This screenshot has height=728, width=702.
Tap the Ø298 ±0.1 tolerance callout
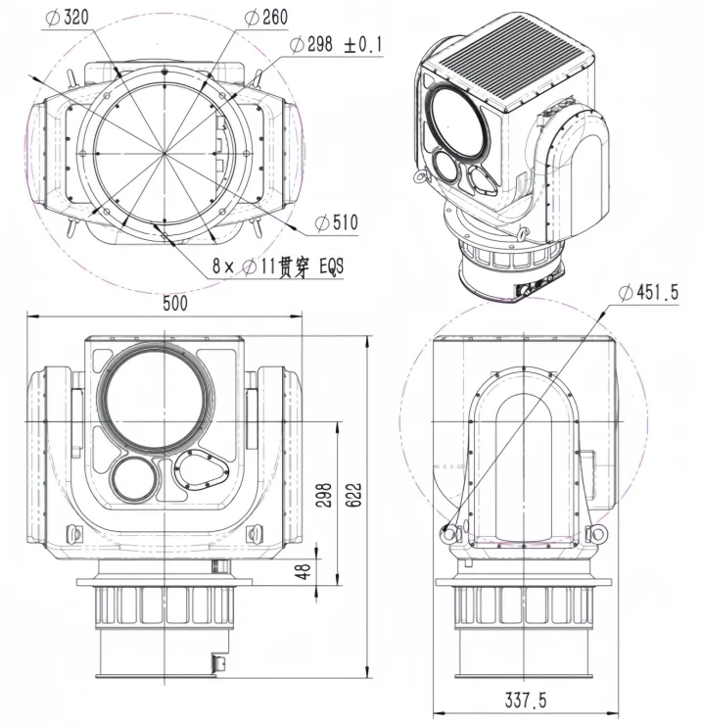coord(337,45)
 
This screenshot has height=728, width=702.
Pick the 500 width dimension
coord(174,305)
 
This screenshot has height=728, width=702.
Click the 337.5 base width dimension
coord(525,703)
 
